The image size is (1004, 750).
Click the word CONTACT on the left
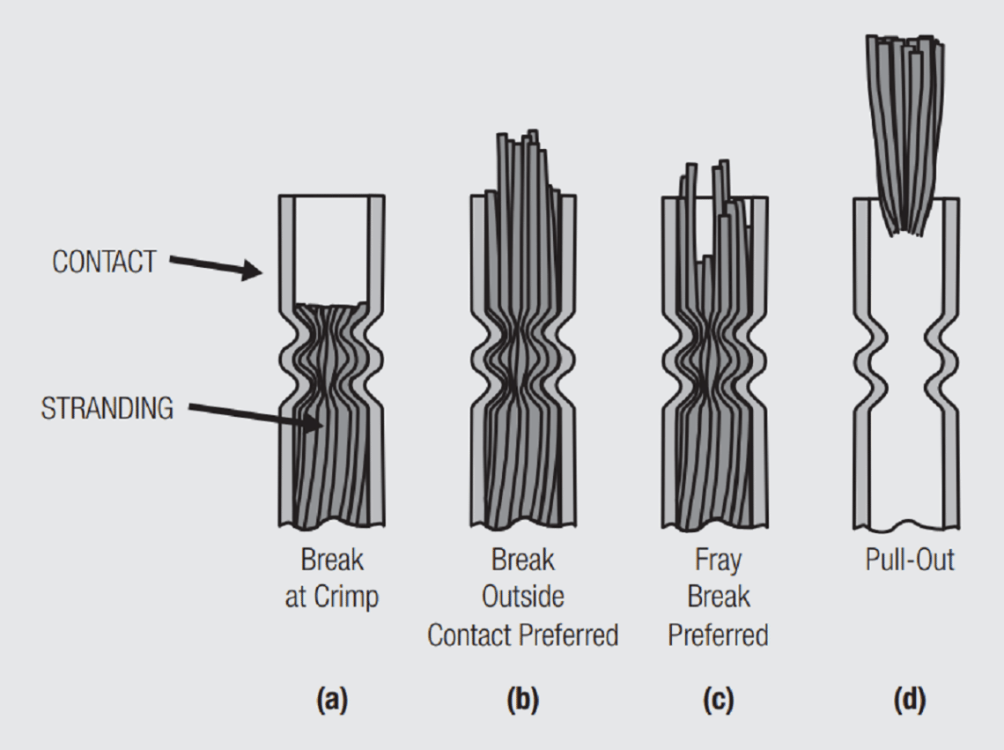tap(104, 263)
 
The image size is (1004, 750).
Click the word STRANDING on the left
tap(107, 409)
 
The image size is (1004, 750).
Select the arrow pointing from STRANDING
tap(255, 416)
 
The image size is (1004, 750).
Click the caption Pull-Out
tap(910, 560)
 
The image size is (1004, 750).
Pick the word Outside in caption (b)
tap(522, 598)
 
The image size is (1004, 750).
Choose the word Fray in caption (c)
tap(718, 560)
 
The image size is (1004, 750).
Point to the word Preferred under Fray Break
tap(718, 635)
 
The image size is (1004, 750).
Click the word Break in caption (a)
tap(332, 560)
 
